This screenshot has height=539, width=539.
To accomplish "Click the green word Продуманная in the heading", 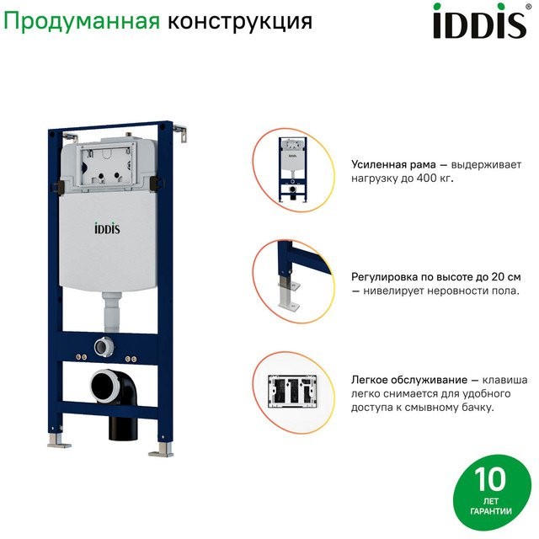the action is [x=82, y=21].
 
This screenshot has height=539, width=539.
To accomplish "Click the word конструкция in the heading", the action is [x=240, y=21].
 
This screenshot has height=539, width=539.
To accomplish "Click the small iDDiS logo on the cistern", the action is [x=107, y=228].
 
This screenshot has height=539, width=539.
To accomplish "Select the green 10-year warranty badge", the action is [x=492, y=493].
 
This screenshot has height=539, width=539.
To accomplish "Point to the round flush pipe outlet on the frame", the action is [x=104, y=346].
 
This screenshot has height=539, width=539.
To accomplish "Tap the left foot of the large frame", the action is [x=59, y=441].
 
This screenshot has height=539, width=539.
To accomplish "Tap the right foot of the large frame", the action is [x=162, y=450].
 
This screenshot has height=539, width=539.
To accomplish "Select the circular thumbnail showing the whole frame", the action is [x=293, y=170].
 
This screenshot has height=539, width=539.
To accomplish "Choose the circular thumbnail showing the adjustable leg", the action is [x=293, y=281].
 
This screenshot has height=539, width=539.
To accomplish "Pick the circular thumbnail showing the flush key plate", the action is [x=293, y=392].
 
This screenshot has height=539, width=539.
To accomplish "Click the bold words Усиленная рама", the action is [x=393, y=165].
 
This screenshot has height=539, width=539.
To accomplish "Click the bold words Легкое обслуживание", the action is [x=409, y=380].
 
